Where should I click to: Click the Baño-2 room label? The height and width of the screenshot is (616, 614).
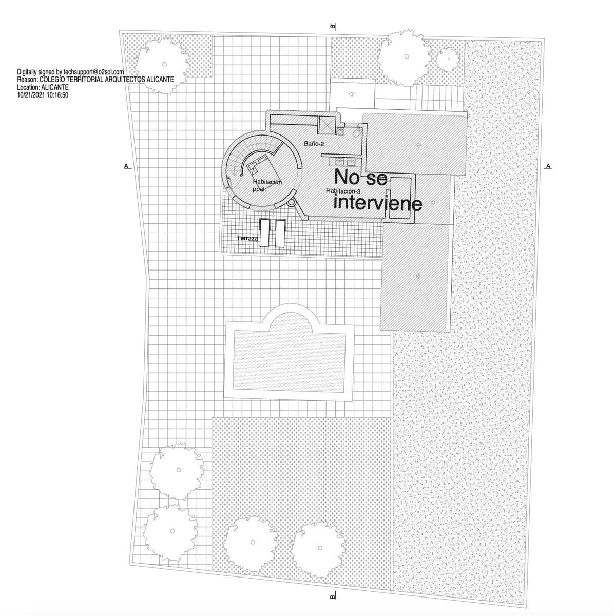coord(314,144)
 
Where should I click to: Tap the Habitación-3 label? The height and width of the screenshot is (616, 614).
coord(343,191)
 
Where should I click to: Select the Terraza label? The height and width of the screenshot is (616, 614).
coord(247,238)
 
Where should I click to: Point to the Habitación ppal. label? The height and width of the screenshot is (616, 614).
coord(267,185)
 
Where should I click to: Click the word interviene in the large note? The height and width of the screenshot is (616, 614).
coord(378,203)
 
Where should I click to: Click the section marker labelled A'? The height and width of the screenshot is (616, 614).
coord(549,166)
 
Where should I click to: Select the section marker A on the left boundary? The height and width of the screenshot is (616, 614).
coord(127,166)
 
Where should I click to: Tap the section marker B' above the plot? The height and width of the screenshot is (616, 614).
coord(333,26)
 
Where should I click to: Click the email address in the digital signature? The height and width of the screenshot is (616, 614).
coord(94,72)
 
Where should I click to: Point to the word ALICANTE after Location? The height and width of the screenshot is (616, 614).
coord(55,87)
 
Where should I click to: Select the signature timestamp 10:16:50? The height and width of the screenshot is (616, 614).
coord(57,95)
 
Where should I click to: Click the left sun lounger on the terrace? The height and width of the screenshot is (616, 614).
coord(264,233)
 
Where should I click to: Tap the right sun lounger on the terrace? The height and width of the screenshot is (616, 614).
coord(280,233)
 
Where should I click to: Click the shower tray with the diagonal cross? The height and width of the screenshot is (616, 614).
coord(327,125)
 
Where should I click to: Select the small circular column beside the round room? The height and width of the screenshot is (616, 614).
coord(291,202)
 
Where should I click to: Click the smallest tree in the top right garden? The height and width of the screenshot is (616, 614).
coord(449,59)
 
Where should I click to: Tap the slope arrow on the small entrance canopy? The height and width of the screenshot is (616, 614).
coord(352,94)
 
